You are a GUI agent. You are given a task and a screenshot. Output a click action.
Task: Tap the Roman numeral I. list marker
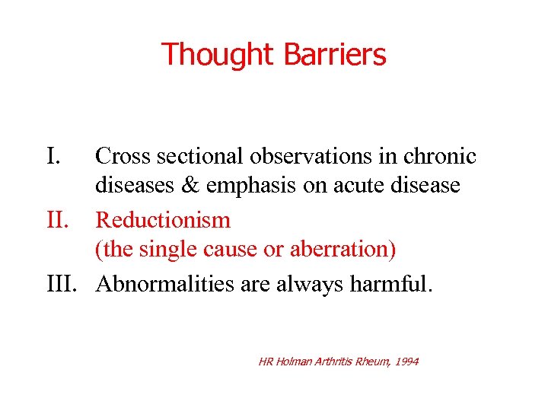(53, 157)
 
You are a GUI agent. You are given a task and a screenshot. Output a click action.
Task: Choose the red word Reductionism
(163, 221)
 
